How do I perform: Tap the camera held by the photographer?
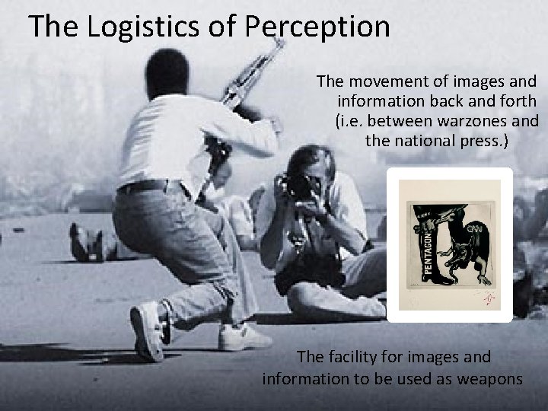295,184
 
